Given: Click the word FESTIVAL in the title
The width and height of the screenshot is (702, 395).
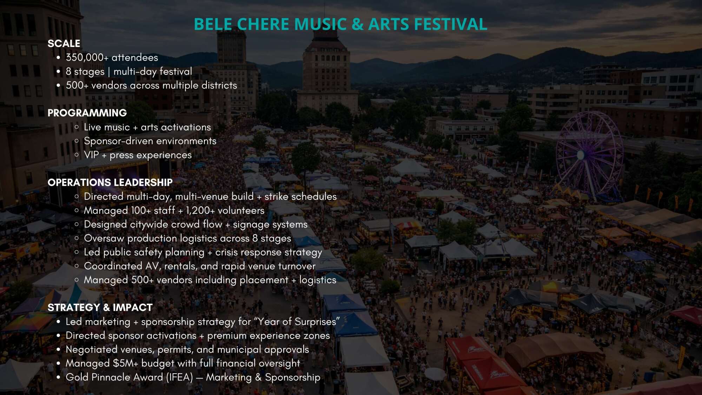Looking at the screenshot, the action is (450, 24).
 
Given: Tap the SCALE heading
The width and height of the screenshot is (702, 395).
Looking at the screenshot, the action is (64, 44).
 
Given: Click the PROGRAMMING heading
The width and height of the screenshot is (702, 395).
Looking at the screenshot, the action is (87, 113).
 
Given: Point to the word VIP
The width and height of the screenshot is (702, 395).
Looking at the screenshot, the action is (91, 155).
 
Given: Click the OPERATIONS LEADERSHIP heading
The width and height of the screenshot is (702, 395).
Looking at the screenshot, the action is (110, 182).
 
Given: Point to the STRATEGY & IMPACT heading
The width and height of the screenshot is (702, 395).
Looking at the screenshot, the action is (100, 308).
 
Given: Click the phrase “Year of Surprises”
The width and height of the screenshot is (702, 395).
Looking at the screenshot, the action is (297, 322).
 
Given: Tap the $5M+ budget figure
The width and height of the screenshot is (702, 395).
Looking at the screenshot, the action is (126, 363).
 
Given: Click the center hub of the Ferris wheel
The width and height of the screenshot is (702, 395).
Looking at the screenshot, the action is (581, 154).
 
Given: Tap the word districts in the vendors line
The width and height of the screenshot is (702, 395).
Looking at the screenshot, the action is (219, 85).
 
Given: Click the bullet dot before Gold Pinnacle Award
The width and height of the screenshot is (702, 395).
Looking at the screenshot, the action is (59, 377).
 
